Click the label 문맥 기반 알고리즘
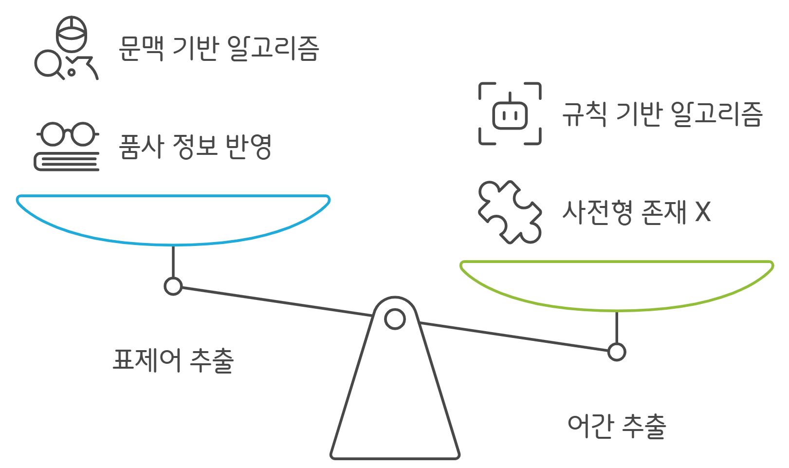(x=219, y=49)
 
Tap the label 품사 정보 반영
(x=195, y=146)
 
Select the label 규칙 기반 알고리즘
(x=662, y=114)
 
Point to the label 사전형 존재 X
(x=637, y=212)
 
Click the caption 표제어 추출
(x=173, y=360)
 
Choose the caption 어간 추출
(x=617, y=426)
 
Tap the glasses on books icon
(x=67, y=146)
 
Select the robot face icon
(x=510, y=114)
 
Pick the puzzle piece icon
(x=510, y=212)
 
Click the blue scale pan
(x=173, y=219)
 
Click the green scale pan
(x=617, y=285)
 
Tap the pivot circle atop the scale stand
(x=395, y=319)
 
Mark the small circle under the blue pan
(x=173, y=286)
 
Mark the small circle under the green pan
(x=617, y=352)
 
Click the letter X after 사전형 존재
(x=703, y=212)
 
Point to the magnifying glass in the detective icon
(x=48, y=64)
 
